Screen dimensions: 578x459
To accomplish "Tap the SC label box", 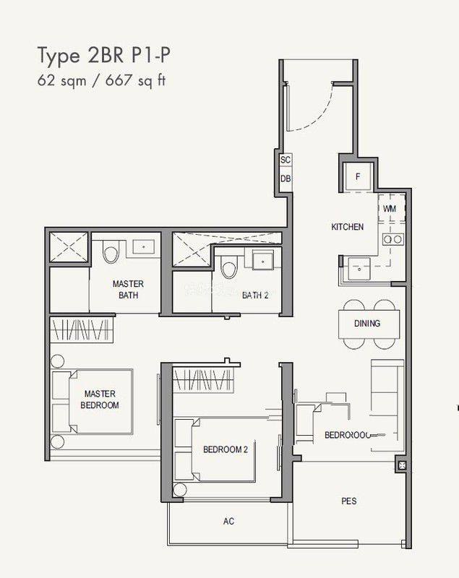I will (x=285, y=160).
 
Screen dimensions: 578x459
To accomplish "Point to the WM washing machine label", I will (x=390, y=209).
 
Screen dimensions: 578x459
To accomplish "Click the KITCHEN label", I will (x=347, y=227).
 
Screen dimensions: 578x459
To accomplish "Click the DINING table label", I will (x=366, y=324).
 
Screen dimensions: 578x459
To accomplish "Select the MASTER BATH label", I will (x=128, y=289).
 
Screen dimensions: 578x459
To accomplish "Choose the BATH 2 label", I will (x=255, y=295).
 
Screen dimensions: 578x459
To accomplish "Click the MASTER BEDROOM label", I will (x=100, y=400).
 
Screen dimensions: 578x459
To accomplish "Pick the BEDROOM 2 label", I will (x=225, y=449).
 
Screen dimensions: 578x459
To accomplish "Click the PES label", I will (x=349, y=501).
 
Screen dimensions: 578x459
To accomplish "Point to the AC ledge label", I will (x=229, y=521).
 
